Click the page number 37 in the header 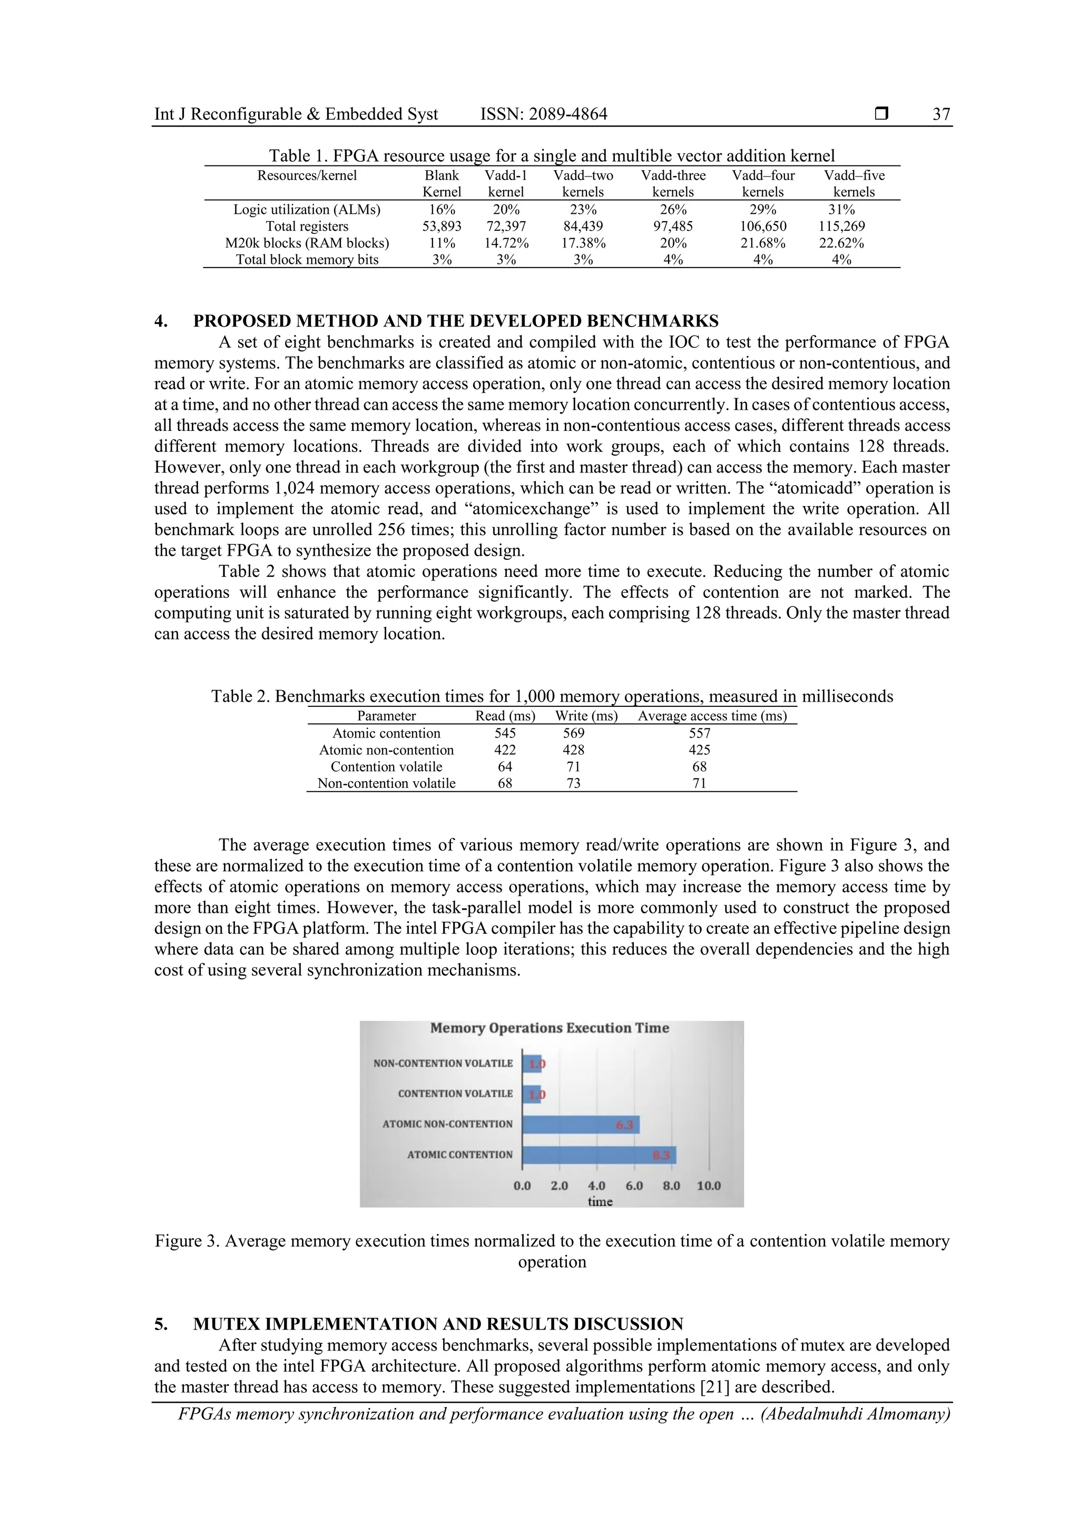coord(941,114)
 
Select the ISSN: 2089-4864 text coord(543,114)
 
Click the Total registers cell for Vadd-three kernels coord(673,226)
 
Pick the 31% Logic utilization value coord(841,209)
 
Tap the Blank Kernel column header coord(442,183)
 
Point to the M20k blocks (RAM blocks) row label coord(307,243)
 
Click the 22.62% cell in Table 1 coord(841,243)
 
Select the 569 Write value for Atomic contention coord(573,733)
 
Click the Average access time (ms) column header coord(712,716)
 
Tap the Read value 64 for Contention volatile coord(505,766)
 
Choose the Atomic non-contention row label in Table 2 coord(386,750)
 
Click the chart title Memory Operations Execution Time coord(549,1028)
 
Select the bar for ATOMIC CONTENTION coord(599,1155)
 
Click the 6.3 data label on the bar coord(624,1125)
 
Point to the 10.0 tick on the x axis coord(709,1186)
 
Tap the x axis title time coord(600,1202)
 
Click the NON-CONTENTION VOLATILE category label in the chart coord(443,1064)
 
